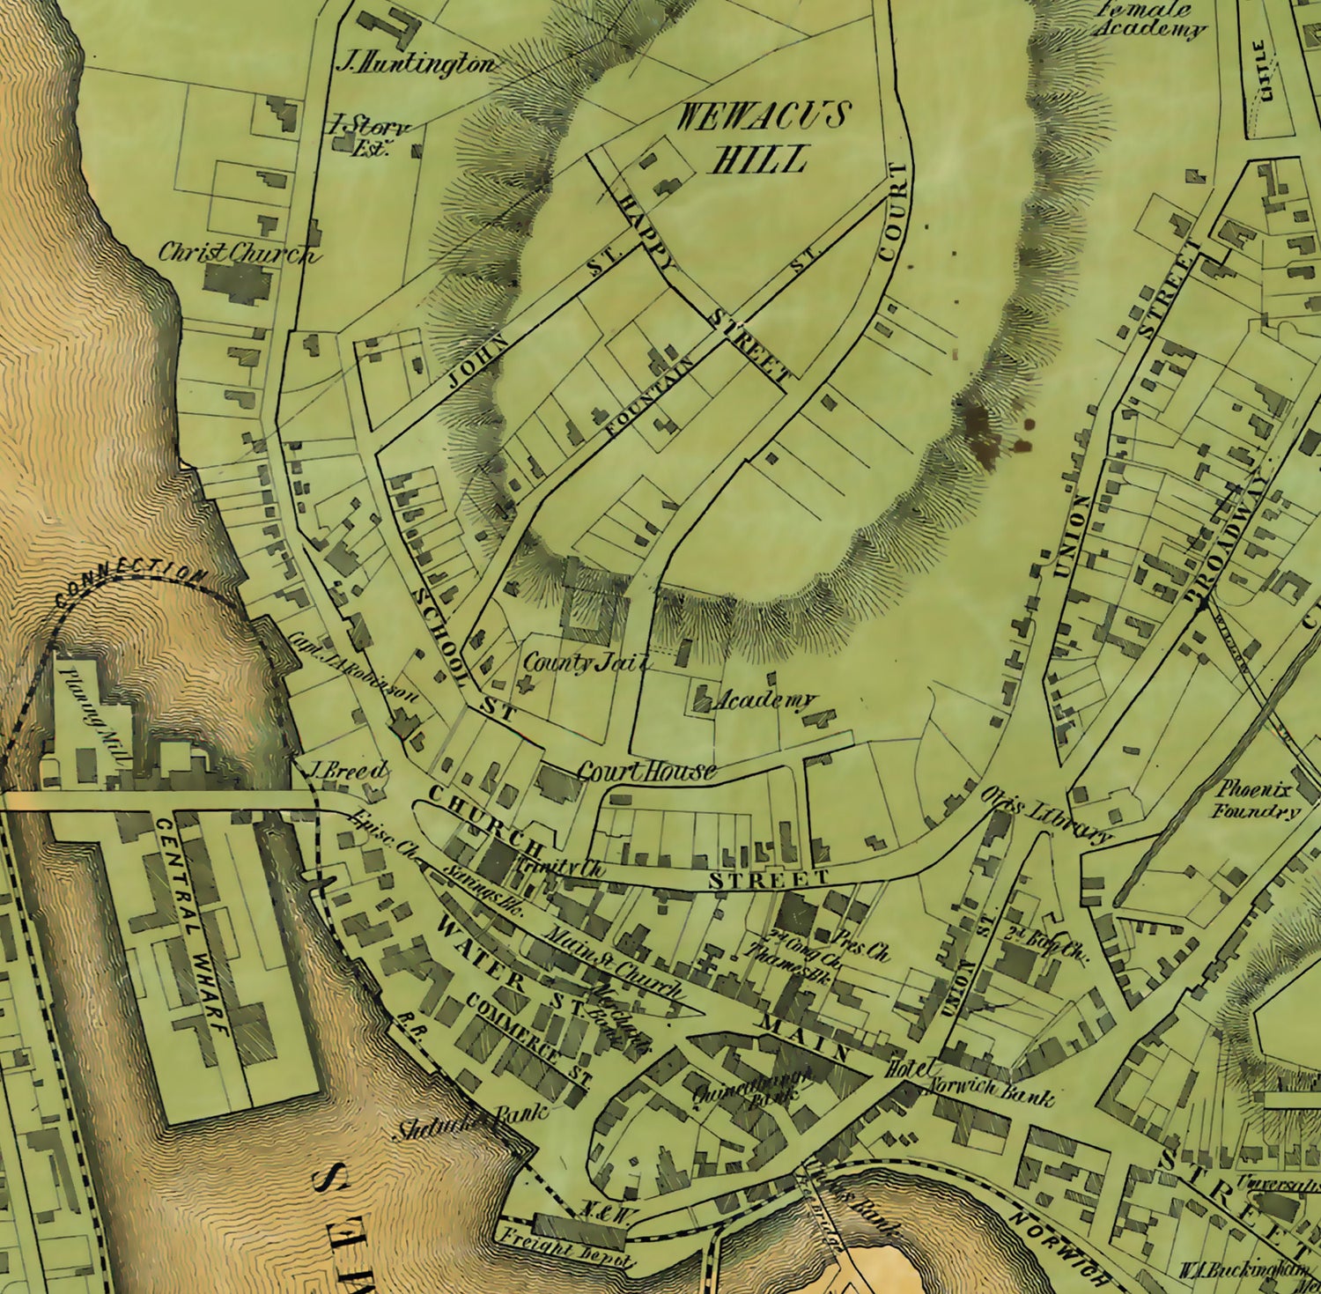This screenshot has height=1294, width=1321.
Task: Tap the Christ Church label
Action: pyautogui.click(x=235, y=253)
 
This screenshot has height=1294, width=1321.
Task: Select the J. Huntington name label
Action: pyautogui.click(x=416, y=64)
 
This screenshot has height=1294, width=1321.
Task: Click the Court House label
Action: pyautogui.click(x=646, y=773)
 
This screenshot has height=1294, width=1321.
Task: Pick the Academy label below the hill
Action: pyautogui.click(x=763, y=701)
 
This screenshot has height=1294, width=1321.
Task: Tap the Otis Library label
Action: pyautogui.click(x=1047, y=817)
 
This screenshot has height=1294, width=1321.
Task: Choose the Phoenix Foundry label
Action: pyautogui.click(x=1257, y=800)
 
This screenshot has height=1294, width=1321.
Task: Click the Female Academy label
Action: pyautogui.click(x=1148, y=19)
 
